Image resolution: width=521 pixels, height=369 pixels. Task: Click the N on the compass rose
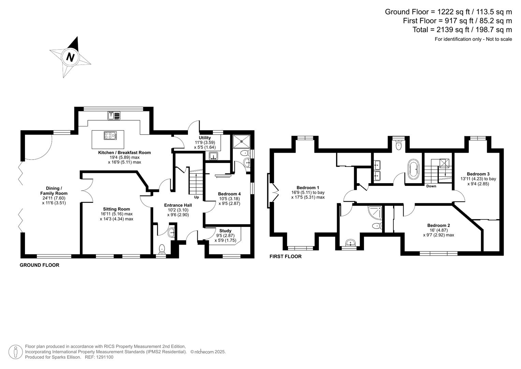(x=70, y=57)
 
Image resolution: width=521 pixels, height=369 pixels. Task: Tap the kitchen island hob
(x=110, y=136)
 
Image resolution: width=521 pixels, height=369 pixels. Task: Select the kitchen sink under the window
(x=114, y=116)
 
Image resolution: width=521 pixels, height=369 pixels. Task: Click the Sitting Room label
(x=116, y=209)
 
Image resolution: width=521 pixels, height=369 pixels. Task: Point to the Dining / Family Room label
(x=54, y=191)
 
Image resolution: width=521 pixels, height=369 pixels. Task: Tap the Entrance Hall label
(x=178, y=205)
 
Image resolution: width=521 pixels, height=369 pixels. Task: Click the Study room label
(x=225, y=231)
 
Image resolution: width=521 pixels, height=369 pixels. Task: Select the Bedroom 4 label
(x=229, y=194)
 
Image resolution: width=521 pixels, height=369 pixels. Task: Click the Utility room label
(x=205, y=138)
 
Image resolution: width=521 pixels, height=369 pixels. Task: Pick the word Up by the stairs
(x=197, y=197)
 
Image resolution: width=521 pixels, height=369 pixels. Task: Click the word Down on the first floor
(x=431, y=186)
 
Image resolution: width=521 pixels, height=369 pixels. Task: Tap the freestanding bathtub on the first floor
(x=413, y=169)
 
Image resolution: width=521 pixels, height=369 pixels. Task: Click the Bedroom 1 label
(x=308, y=188)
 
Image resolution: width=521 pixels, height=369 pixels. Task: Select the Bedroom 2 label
(x=438, y=225)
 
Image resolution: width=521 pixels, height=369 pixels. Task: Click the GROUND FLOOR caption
(x=39, y=265)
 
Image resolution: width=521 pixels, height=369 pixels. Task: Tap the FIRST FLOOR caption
(x=285, y=257)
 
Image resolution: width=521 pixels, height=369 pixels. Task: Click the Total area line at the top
(x=462, y=30)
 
